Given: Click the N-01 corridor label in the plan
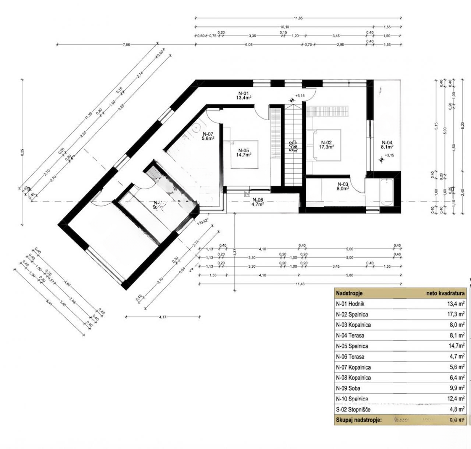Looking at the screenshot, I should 244,96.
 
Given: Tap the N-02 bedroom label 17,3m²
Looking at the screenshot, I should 326,145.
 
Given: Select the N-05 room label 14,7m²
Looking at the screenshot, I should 244,153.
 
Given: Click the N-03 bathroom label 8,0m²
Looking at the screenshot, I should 343,186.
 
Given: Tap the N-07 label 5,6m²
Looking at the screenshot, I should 208,136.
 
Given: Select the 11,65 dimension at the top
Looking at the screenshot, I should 298,18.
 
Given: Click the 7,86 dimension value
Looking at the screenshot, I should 126,44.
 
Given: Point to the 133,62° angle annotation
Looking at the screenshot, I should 203,222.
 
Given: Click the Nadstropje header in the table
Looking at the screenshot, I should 349,293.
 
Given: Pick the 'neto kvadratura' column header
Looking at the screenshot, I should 445,293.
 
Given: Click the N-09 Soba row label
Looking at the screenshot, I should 348,388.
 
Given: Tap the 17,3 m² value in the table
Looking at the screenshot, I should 454,314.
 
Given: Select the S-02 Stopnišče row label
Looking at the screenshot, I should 353,409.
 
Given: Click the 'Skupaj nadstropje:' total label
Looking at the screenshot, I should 358,420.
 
